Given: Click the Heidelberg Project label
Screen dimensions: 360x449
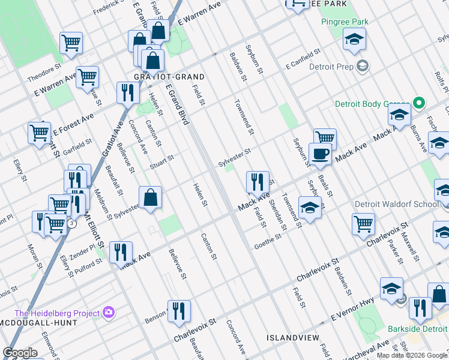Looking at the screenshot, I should click(x=57, y=313).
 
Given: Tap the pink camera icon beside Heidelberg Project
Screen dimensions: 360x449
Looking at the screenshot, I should click(x=109, y=312).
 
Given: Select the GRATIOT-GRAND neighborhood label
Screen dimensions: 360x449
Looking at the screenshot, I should click(x=161, y=77).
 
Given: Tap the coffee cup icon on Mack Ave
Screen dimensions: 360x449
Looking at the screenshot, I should click(x=320, y=154).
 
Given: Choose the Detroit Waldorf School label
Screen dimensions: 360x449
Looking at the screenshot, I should click(x=396, y=204).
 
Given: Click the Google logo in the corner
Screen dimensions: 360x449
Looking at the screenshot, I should click(x=20, y=353).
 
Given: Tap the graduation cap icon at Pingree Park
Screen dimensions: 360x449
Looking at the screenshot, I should click(x=354, y=40).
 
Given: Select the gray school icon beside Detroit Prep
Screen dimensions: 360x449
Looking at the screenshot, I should click(x=362, y=65).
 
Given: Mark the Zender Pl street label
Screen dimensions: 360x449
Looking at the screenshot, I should click(x=85, y=249).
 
